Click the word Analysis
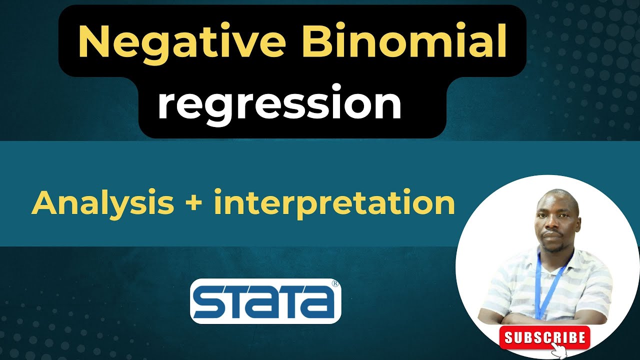coord(102,203)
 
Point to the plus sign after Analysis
coord(194,204)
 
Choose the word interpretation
coord(334,204)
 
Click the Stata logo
coord(265,300)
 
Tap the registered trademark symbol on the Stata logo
coord(335,283)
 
